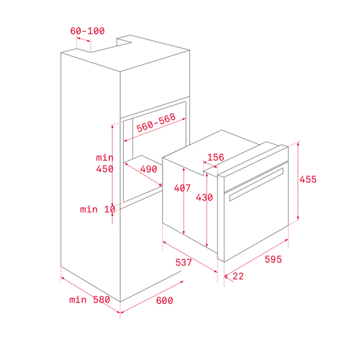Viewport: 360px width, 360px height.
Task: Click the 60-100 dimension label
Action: click(87, 31)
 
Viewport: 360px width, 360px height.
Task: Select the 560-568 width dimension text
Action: click(156, 122)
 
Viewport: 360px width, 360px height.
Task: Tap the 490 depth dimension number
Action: click(148, 169)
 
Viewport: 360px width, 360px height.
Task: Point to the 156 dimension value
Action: click(215, 157)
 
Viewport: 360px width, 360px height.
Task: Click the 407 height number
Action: click(182, 188)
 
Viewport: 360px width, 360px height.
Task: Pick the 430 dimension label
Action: click(204, 197)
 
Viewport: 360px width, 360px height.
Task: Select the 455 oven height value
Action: click(308, 179)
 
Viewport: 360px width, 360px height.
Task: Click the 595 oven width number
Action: click(273, 259)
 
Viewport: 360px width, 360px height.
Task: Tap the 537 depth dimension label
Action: click(184, 262)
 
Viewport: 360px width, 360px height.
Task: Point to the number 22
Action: click(238, 276)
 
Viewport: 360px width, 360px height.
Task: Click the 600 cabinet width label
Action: click(164, 300)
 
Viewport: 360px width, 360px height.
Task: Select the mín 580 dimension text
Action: click(89, 300)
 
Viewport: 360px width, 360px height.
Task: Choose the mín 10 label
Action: click(98, 210)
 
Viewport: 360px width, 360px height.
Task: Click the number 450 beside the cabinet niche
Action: click(104, 169)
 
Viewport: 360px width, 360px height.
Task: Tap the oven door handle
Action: click(256, 184)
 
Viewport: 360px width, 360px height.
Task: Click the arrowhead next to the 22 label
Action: click(226, 276)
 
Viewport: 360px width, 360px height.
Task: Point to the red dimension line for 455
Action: click(298, 181)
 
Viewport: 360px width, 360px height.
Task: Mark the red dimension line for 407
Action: click(184, 201)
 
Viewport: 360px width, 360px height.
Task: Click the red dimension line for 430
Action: click(207, 210)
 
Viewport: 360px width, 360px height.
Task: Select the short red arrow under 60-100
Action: click(84, 40)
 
